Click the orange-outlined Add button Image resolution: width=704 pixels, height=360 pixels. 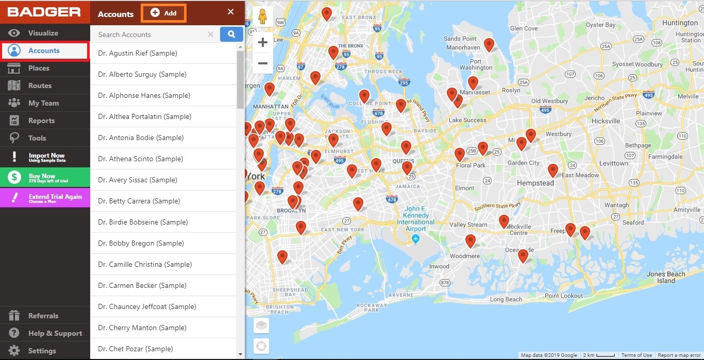(x=163, y=13)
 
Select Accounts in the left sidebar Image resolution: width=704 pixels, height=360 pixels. (x=44, y=50)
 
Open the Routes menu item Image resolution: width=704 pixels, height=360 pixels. (x=40, y=85)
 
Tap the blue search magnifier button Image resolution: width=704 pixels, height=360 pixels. (x=231, y=35)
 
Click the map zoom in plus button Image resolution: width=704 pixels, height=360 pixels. (x=263, y=42)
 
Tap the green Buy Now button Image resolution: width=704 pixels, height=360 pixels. (x=45, y=178)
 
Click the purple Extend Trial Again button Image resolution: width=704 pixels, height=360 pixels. (x=45, y=198)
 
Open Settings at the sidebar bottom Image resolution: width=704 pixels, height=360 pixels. (x=42, y=351)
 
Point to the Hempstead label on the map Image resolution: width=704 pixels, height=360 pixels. (x=535, y=183)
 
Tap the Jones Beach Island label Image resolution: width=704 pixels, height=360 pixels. (x=666, y=277)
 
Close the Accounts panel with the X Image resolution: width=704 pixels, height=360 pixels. (x=230, y=12)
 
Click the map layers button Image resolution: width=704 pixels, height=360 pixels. (x=262, y=325)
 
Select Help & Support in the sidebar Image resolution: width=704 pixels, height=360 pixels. (x=55, y=333)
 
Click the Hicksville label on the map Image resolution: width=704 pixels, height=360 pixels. (x=606, y=121)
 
